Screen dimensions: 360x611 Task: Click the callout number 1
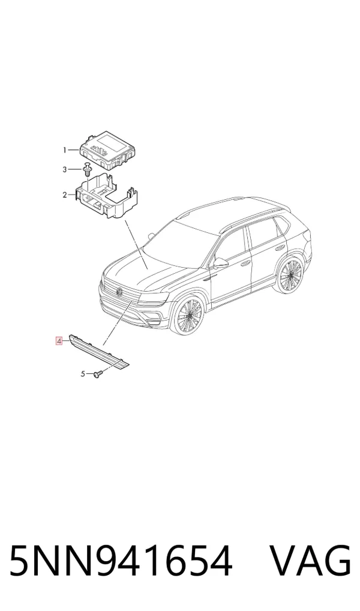click(65, 149)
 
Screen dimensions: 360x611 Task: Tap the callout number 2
click(65, 195)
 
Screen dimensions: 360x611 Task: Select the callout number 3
click(65, 169)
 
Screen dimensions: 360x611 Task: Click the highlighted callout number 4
click(59, 341)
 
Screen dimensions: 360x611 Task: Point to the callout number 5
click(83, 374)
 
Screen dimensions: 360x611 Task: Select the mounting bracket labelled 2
click(107, 197)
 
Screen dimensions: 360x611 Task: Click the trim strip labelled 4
click(100, 351)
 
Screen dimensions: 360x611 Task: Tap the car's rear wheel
click(290, 275)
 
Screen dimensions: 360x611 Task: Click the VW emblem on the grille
click(119, 291)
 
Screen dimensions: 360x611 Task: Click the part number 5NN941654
click(121, 561)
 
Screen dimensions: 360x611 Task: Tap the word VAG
click(311, 561)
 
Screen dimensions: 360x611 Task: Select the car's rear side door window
click(264, 235)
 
